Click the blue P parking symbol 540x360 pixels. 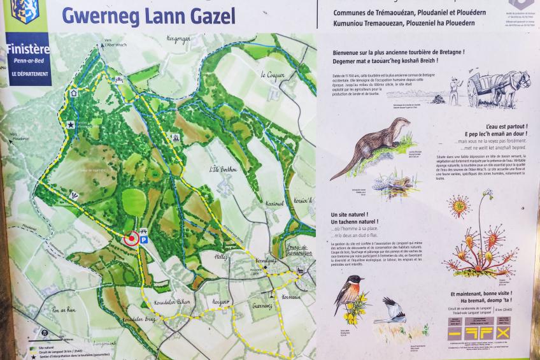144,240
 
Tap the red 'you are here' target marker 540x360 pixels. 132,238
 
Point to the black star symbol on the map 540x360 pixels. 71,125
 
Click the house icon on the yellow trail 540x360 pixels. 74,93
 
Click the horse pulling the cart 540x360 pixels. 516,83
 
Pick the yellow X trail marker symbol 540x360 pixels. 504,333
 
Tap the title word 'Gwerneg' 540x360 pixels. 99,15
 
